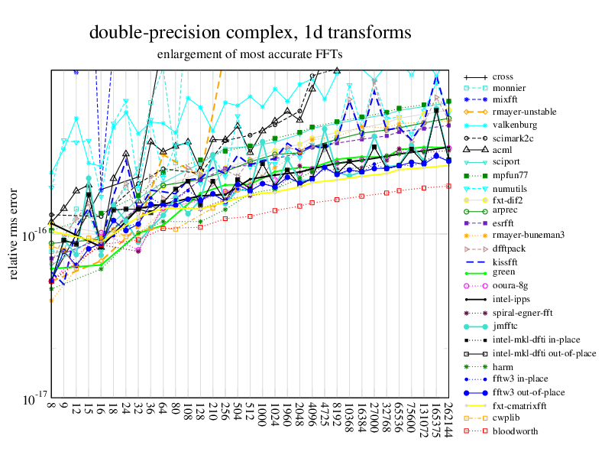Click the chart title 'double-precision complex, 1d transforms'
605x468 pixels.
point(251,33)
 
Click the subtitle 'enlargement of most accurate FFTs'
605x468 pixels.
point(250,54)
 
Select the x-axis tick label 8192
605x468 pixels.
point(337,420)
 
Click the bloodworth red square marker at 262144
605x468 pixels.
point(449,186)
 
